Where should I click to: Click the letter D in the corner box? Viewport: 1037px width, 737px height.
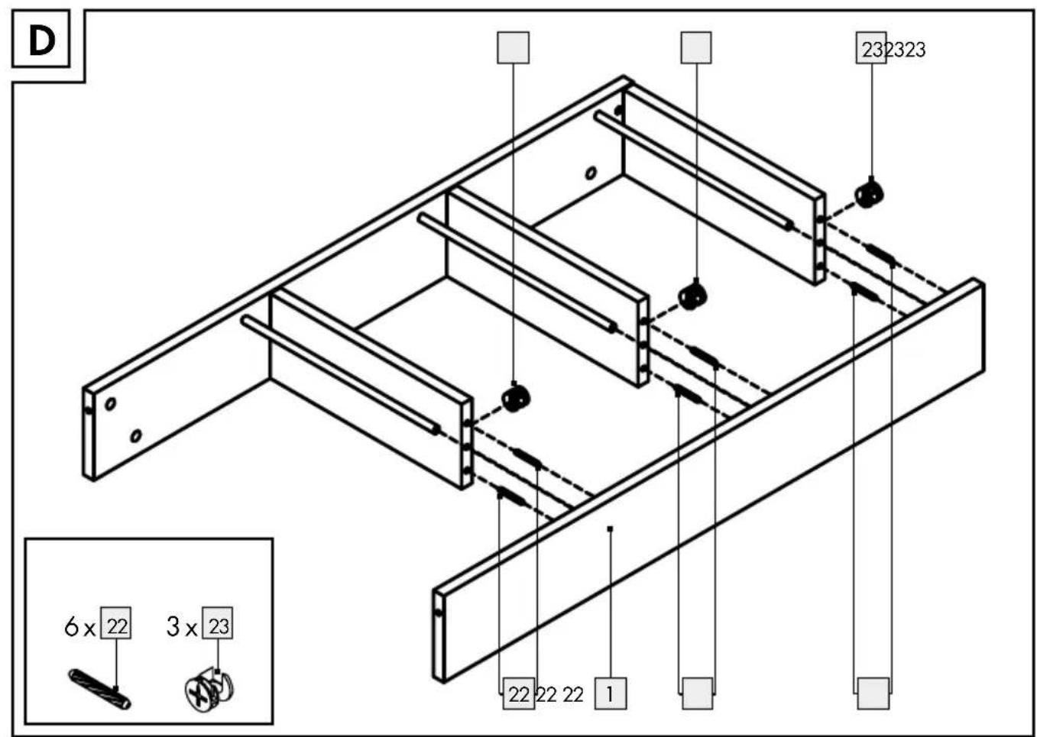pos(42,41)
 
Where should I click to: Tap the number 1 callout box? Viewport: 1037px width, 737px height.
pos(610,693)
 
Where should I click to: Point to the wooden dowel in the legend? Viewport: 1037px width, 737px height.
pos(99,689)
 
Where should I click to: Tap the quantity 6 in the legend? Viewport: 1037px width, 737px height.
pos(71,627)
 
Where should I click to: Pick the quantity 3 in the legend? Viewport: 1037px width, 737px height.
pos(173,627)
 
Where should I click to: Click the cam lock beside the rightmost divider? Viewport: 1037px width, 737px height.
pos(868,195)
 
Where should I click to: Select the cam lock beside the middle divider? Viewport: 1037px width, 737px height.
pos(692,297)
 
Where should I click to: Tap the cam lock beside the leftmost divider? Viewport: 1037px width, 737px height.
pos(516,399)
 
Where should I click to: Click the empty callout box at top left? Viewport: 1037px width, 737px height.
pos(513,47)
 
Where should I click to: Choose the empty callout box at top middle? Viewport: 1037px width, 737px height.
pos(696,47)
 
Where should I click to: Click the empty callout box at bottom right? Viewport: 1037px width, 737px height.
pos(873,693)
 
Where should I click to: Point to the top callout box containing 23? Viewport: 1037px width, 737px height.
pos(871,47)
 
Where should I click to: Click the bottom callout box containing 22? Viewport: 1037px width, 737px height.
pos(519,693)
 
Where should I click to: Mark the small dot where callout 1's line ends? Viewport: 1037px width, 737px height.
pos(610,529)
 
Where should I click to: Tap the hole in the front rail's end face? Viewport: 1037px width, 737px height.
pos(439,613)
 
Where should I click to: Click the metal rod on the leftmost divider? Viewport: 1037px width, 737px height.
pos(340,375)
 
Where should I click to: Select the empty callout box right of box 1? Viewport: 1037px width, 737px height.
pos(698,693)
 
